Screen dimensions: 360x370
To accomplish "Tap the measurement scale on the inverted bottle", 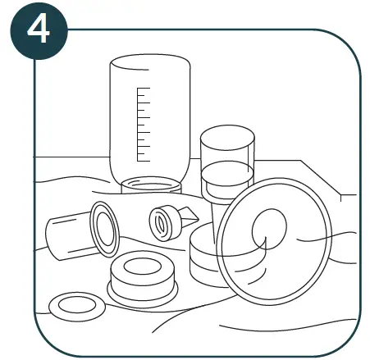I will coord(143,123).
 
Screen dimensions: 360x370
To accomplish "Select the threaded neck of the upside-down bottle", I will coord(151,185).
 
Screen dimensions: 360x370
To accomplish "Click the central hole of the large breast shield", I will coord(267,230).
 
